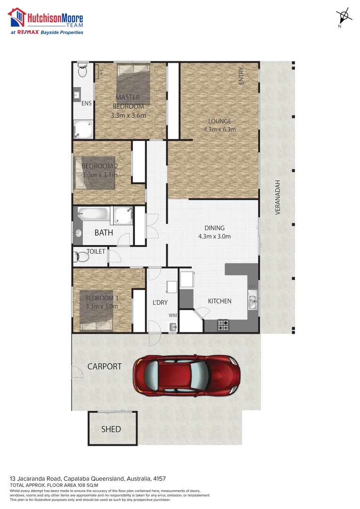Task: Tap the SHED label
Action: (111, 429)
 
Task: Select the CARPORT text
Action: (105, 366)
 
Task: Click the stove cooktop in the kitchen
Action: (222, 325)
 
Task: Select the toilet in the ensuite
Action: (82, 71)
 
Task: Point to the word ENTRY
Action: (241, 76)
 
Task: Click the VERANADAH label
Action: (278, 197)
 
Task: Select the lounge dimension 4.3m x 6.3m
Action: (219, 129)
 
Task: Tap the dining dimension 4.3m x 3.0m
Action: (214, 237)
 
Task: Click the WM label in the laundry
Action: (172, 315)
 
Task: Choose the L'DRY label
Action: (160, 302)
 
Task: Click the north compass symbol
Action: (344, 16)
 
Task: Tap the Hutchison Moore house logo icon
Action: (17, 17)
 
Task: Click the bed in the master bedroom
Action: (134, 84)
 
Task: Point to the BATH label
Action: (104, 232)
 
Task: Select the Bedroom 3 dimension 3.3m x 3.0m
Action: (102, 306)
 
